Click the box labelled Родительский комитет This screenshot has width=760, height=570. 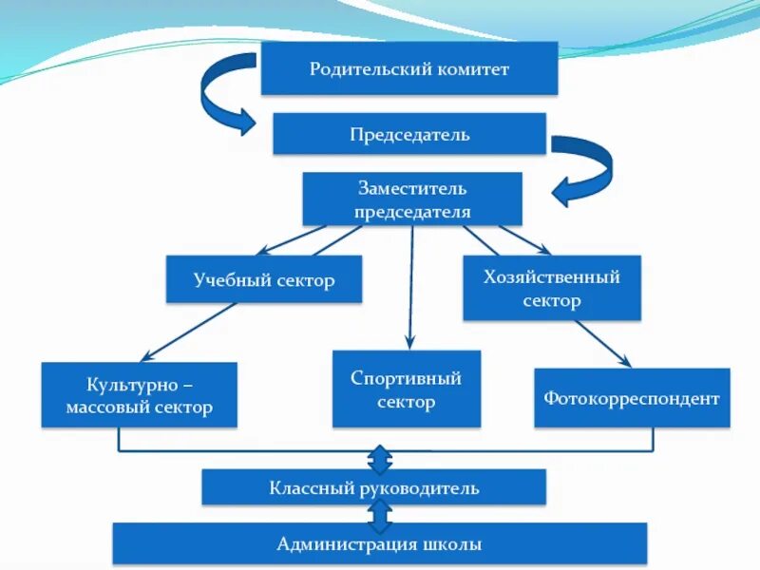[409, 68]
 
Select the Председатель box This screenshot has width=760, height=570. [409, 134]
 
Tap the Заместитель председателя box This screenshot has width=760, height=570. [412, 199]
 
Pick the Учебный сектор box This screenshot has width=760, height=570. [264, 279]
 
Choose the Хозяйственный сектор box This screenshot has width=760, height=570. [552, 288]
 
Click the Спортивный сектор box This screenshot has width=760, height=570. [407, 389]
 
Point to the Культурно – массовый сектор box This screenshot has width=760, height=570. [140, 395]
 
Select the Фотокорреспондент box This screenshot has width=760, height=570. [632, 398]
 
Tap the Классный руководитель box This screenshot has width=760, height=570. [373, 488]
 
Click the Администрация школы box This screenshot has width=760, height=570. [380, 544]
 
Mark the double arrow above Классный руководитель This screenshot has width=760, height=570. [380, 458]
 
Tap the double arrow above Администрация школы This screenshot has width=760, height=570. [380, 516]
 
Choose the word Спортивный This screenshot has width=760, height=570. [407, 378]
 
